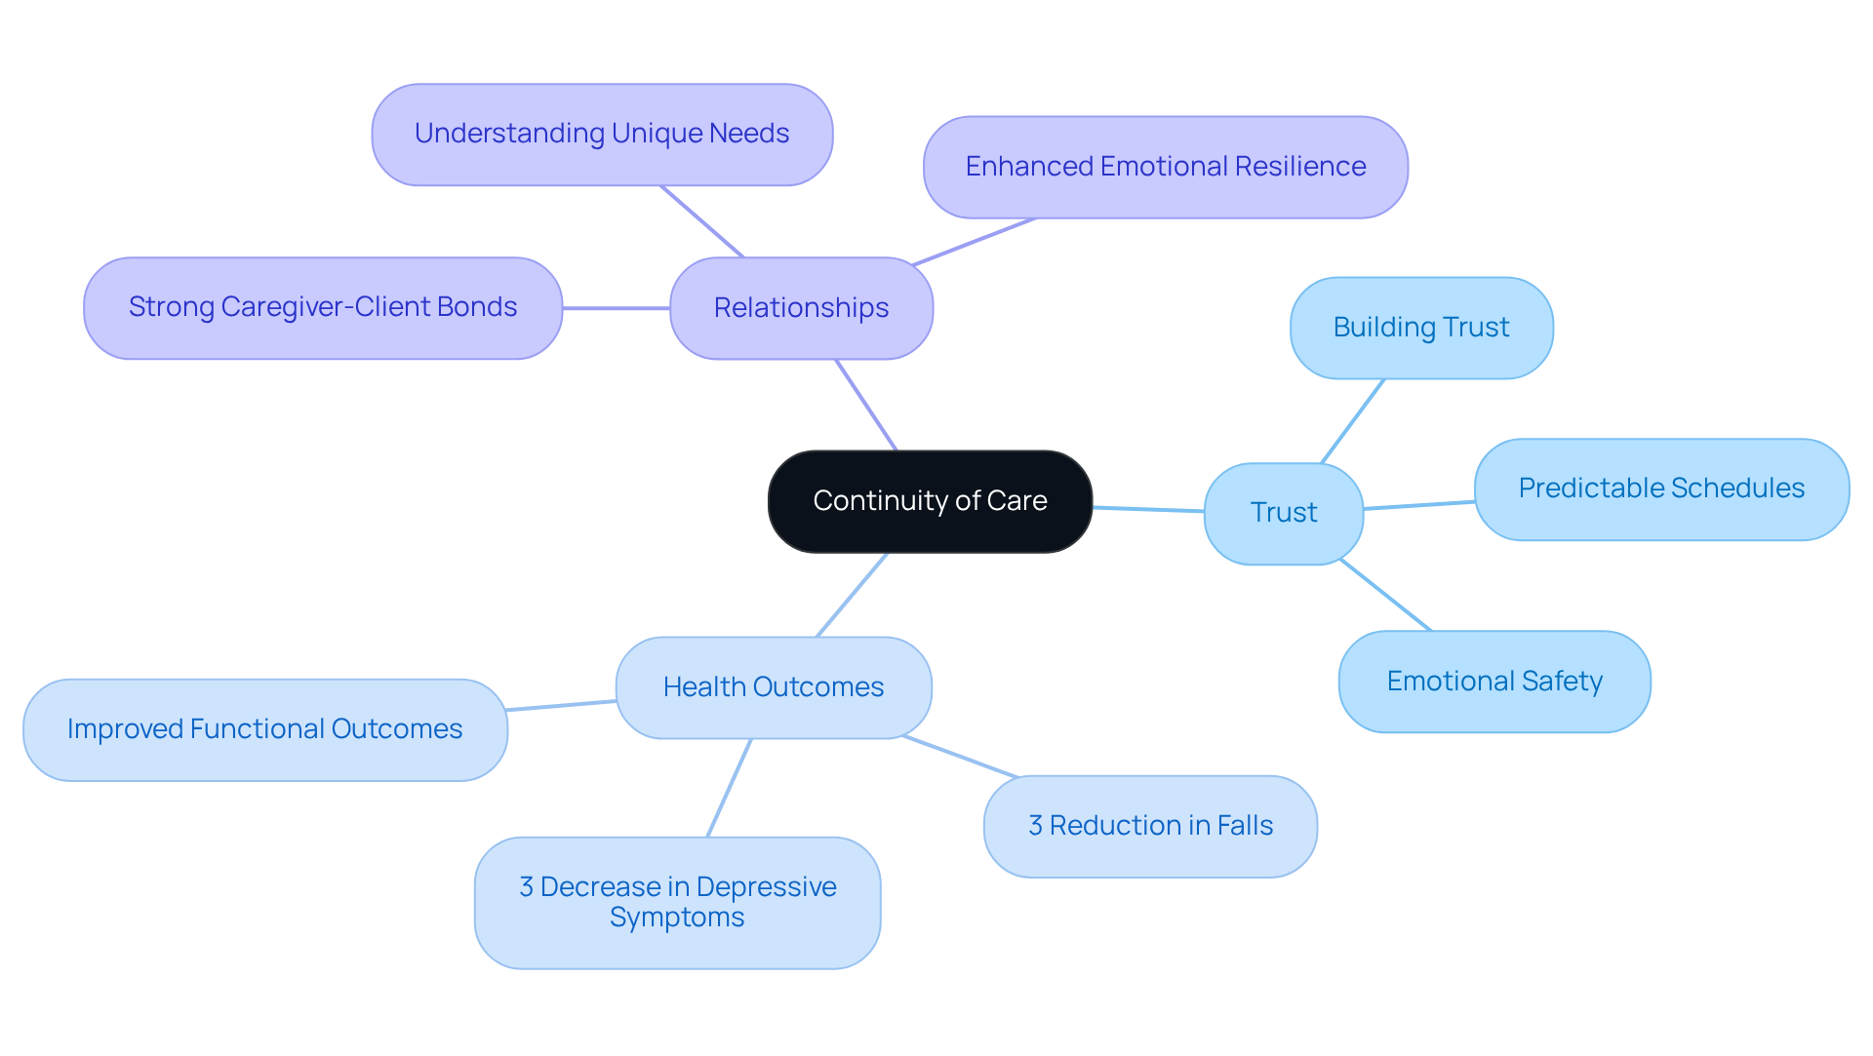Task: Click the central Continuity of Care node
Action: (x=930, y=501)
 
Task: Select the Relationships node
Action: (x=801, y=308)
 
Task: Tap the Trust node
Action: (x=1283, y=513)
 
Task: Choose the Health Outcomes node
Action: (x=773, y=687)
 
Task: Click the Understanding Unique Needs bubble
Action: (x=602, y=134)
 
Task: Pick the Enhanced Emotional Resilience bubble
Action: (x=1165, y=167)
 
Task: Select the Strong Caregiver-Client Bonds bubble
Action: (x=322, y=307)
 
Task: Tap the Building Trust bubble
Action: (x=1420, y=328)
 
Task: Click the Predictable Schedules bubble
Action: (x=1660, y=489)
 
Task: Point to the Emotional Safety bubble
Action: (x=1494, y=682)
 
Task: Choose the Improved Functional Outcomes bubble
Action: (x=264, y=729)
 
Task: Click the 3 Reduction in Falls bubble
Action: (x=1149, y=826)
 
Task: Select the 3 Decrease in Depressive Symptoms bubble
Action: (x=677, y=902)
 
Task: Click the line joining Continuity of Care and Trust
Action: (x=1148, y=509)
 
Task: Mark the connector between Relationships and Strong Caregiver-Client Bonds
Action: (x=616, y=308)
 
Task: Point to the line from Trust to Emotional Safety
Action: (x=1385, y=595)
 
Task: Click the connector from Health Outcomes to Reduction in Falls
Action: (x=961, y=757)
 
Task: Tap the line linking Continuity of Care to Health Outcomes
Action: (x=852, y=595)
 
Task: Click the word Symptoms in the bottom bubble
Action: (x=677, y=918)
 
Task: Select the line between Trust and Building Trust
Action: (x=1353, y=420)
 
